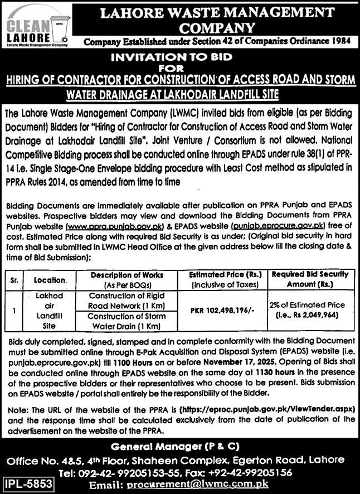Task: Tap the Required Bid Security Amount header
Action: point(311,279)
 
